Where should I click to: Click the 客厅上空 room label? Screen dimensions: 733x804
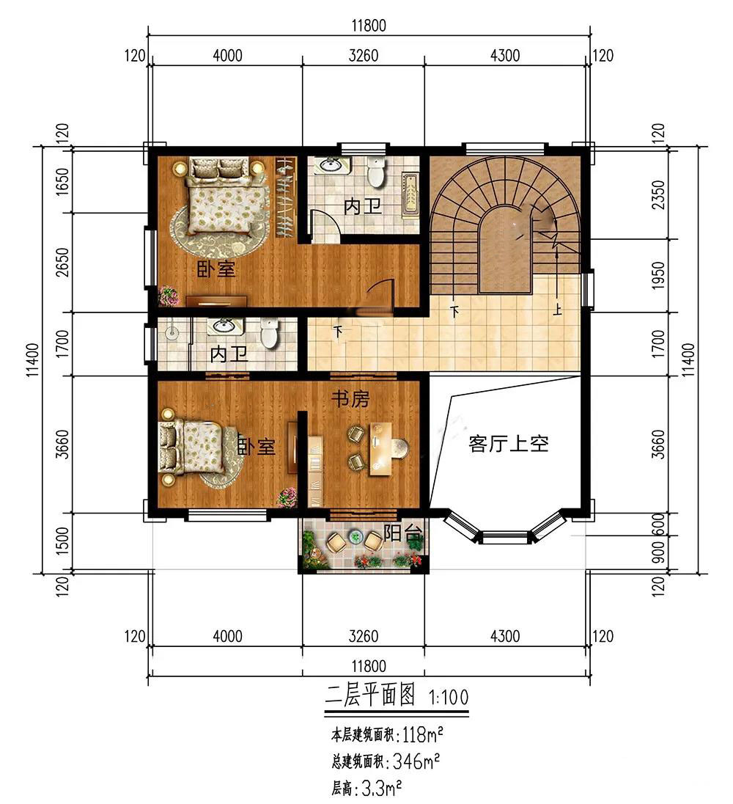[x=508, y=444]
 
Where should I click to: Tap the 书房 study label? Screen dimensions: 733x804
[x=350, y=398]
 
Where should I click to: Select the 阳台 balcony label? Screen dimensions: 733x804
[x=404, y=534]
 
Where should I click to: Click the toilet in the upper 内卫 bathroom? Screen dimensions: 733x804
[x=377, y=172]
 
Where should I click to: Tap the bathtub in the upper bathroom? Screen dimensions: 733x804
[x=410, y=196]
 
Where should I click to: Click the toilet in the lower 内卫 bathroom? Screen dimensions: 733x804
[x=269, y=333]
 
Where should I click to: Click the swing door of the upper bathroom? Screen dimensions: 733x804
[x=325, y=226]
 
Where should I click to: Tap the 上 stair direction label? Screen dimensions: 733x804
[x=557, y=310]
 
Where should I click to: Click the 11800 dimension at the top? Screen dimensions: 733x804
[x=369, y=25]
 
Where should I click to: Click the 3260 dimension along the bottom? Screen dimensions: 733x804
[x=363, y=636]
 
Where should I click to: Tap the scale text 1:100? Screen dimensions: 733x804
[x=448, y=698]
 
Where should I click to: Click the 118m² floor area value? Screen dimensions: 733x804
[x=423, y=735]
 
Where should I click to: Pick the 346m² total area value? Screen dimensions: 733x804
[x=416, y=761]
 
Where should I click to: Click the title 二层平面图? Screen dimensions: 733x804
[x=369, y=696]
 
